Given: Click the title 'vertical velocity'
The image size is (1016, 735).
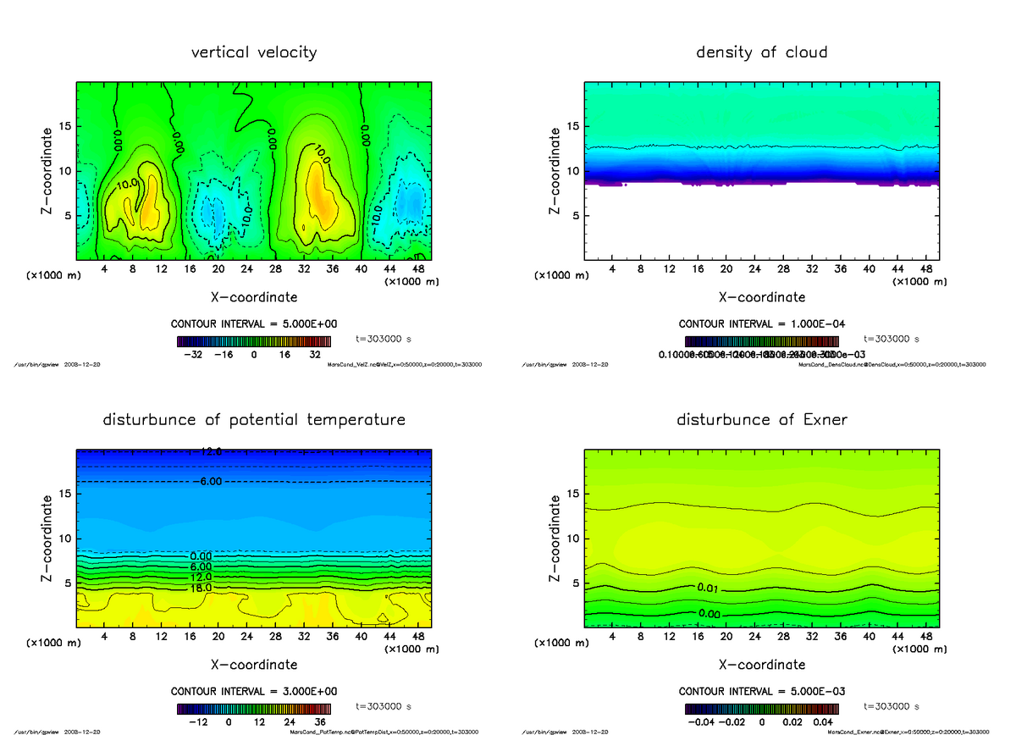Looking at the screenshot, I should (254, 52).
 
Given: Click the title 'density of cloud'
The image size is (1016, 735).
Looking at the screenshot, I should (761, 52).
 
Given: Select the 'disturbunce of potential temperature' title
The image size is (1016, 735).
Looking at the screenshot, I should (254, 420).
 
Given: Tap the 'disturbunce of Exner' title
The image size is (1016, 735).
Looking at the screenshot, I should (761, 420).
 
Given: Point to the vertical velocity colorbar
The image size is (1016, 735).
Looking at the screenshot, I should (253, 341).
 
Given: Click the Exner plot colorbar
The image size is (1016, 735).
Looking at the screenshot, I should (761, 709).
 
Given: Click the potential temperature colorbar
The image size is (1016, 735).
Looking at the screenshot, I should (253, 709).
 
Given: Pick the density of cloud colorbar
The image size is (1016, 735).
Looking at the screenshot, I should (761, 341).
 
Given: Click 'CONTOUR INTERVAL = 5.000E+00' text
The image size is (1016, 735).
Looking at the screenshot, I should (253, 324).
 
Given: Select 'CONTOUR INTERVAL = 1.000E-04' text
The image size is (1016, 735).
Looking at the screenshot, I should (761, 324).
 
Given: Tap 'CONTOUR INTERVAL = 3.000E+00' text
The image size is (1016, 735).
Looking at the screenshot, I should (253, 691).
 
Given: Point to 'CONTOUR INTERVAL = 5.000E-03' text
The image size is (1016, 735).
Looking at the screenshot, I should (761, 691).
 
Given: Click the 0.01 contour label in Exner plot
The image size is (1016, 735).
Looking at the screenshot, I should (710, 587).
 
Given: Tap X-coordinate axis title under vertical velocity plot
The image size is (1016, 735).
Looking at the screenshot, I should (254, 297).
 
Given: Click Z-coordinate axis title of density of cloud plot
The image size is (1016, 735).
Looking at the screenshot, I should (555, 171).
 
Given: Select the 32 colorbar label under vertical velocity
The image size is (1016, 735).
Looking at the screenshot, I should (314, 356).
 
